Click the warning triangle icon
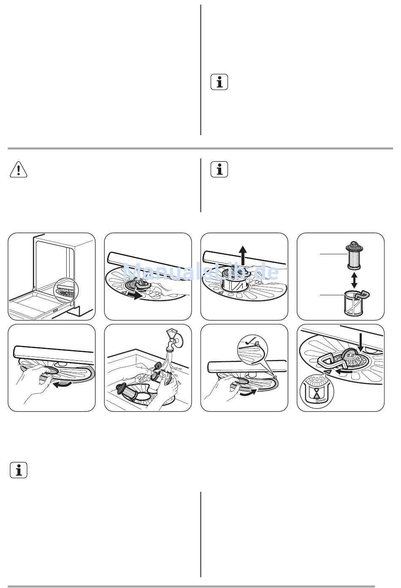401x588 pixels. tap(18, 169)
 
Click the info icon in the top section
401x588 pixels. tap(219, 82)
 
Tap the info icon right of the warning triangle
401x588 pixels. tap(219, 169)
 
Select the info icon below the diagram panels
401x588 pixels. tap(18, 470)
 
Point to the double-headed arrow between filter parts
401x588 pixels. tap(354, 280)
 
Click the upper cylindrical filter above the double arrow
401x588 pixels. tap(354, 255)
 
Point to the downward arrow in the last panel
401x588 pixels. tap(360, 343)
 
